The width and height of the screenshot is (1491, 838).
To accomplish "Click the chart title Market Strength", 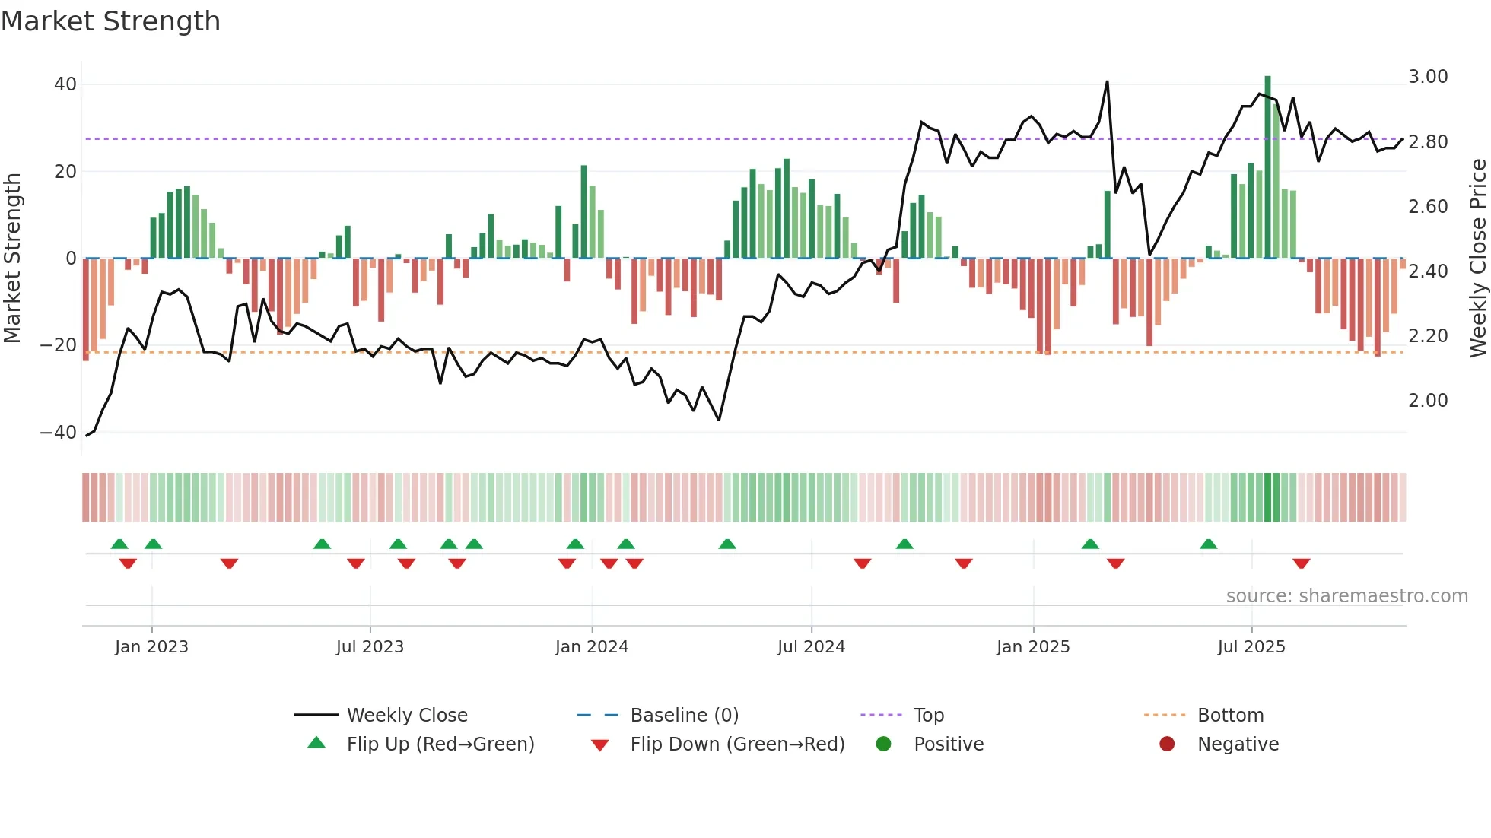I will click(110, 21).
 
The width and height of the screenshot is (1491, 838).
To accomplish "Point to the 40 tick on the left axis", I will click(65, 84).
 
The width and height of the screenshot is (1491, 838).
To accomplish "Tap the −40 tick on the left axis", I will click(59, 433).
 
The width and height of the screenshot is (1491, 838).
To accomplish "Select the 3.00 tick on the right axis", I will click(1428, 77).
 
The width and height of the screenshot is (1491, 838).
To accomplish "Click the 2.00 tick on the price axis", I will click(1428, 401).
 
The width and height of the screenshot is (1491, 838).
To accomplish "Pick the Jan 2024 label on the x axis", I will click(592, 647).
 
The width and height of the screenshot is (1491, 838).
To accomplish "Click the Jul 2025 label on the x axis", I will click(1251, 647).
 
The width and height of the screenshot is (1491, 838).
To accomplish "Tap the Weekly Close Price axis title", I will click(1477, 259).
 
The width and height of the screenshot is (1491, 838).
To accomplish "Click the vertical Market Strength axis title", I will click(12, 259).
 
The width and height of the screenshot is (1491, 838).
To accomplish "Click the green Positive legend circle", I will click(883, 744).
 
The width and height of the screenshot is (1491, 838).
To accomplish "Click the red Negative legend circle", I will click(1167, 744).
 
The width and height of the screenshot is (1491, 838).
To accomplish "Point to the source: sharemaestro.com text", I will click(1346, 596).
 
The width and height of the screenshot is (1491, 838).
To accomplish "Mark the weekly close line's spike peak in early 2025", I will click(1107, 82).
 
